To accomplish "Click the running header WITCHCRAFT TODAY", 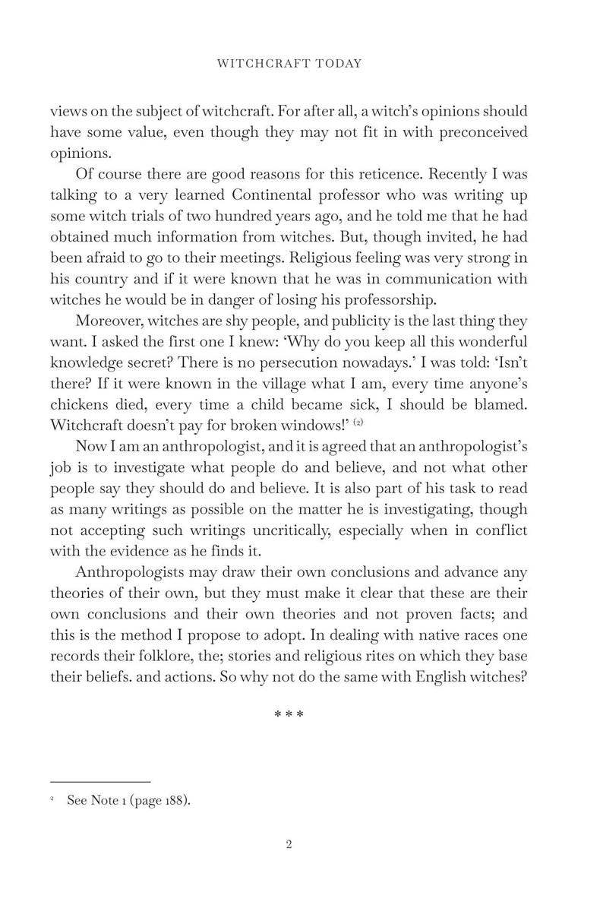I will click(289, 64).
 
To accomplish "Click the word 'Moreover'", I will click(106, 322).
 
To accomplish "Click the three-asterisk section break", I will click(289, 715).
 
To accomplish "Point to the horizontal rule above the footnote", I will click(100, 782).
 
